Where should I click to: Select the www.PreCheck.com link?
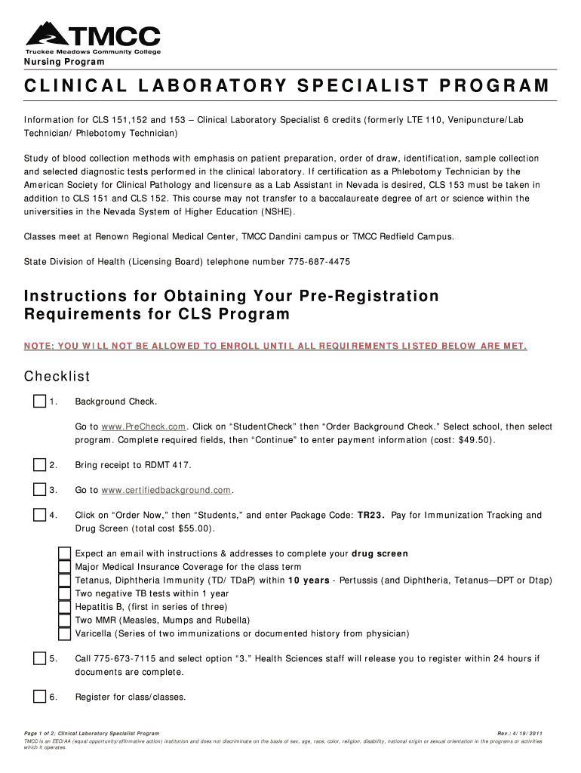pyautogui.click(x=143, y=427)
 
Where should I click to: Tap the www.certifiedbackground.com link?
pyautogui.click(x=166, y=491)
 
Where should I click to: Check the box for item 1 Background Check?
pyautogui.click(x=39, y=401)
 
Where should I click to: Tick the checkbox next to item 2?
pyautogui.click(x=39, y=464)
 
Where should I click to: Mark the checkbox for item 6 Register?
pyautogui.click(x=39, y=697)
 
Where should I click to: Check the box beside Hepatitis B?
pyautogui.click(x=66, y=606)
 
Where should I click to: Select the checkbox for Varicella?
pyautogui.click(x=66, y=633)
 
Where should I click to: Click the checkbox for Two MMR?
pyautogui.click(x=66, y=620)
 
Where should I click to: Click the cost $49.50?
pyautogui.click(x=474, y=440)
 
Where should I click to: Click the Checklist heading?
pyautogui.click(x=57, y=377)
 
